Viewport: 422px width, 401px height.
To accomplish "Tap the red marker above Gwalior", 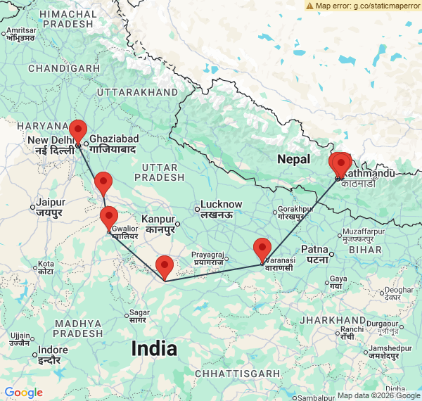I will coord(108,217).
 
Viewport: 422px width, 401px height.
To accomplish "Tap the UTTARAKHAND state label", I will coord(138,92).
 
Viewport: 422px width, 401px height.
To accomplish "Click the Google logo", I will coord(23,393).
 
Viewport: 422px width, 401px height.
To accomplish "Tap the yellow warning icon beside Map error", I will coord(309,6).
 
